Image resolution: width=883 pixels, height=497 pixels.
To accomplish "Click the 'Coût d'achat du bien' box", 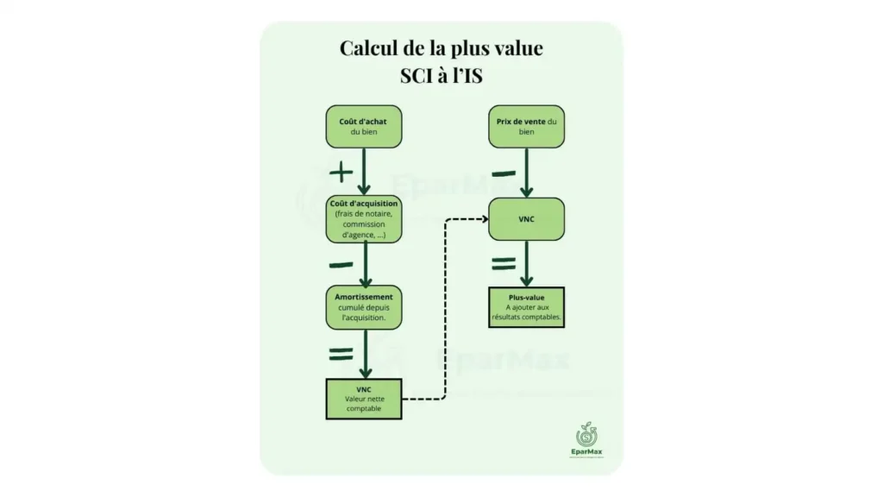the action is (x=364, y=127).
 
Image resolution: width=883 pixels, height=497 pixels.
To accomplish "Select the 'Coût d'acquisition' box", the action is (x=364, y=219).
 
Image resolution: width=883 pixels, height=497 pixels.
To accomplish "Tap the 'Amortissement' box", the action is (x=364, y=307).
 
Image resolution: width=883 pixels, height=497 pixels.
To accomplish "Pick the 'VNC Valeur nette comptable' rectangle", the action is (x=364, y=399).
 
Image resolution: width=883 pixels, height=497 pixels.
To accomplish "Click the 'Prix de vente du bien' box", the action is (x=527, y=127).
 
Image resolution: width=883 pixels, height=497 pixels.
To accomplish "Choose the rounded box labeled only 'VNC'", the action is (x=527, y=219).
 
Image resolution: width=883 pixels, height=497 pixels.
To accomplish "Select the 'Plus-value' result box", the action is (x=527, y=307).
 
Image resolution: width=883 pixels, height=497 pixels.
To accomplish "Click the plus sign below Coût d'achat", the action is (x=341, y=172).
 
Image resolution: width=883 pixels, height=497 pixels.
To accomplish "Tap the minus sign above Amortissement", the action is (x=341, y=265).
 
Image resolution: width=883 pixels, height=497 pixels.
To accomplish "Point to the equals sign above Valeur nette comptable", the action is (x=341, y=354).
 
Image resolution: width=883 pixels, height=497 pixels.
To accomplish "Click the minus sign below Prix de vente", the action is (x=504, y=173).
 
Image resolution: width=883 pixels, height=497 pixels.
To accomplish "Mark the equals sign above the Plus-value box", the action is (x=504, y=263).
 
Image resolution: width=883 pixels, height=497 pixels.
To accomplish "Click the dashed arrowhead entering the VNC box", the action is (x=485, y=218).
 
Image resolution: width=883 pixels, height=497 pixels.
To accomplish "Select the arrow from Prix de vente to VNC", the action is (x=527, y=173).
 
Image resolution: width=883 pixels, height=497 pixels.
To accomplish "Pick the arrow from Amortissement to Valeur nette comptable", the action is (x=366, y=354).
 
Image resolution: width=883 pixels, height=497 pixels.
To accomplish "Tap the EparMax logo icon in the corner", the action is (x=586, y=435).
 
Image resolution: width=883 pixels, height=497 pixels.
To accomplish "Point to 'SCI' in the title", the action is (x=416, y=76).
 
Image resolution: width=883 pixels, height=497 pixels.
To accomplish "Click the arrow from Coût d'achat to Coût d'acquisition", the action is (x=364, y=172).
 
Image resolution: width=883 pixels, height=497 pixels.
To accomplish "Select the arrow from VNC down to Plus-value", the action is (x=527, y=264).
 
